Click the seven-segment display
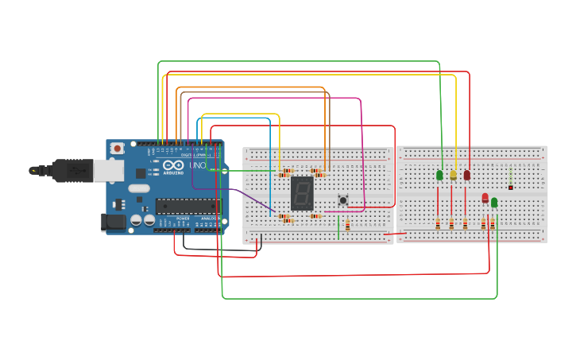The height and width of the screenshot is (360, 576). coord(302,192)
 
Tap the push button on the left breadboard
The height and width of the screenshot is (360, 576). coord(343,199)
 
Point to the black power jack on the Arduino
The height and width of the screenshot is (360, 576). coord(114,223)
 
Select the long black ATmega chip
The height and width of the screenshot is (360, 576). coord(187,206)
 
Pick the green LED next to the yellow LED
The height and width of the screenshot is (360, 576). coord(439,175)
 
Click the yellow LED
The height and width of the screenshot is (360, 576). coord(453,175)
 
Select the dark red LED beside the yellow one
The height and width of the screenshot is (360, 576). coord(466,175)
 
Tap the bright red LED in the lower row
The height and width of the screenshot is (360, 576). coord(485,198)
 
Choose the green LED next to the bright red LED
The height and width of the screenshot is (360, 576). coord(494,203)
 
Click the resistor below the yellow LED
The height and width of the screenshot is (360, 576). coord(451,224)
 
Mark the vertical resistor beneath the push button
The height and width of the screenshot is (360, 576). coord(347,225)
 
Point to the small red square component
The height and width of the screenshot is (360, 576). coord(510,188)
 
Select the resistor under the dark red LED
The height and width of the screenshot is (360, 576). coord(465,224)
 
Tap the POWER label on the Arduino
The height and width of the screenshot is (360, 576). coord(183,218)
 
